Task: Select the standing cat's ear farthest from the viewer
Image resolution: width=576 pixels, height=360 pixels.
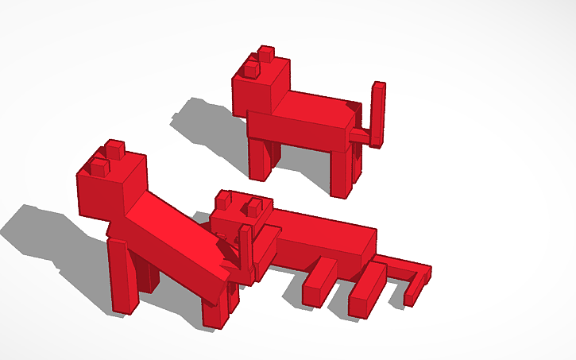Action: point(265,55)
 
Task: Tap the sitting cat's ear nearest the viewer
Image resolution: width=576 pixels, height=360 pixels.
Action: point(99,167)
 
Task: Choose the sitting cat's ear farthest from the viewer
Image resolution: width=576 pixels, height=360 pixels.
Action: point(115,149)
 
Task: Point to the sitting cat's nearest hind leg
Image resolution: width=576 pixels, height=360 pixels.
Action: point(215,306)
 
